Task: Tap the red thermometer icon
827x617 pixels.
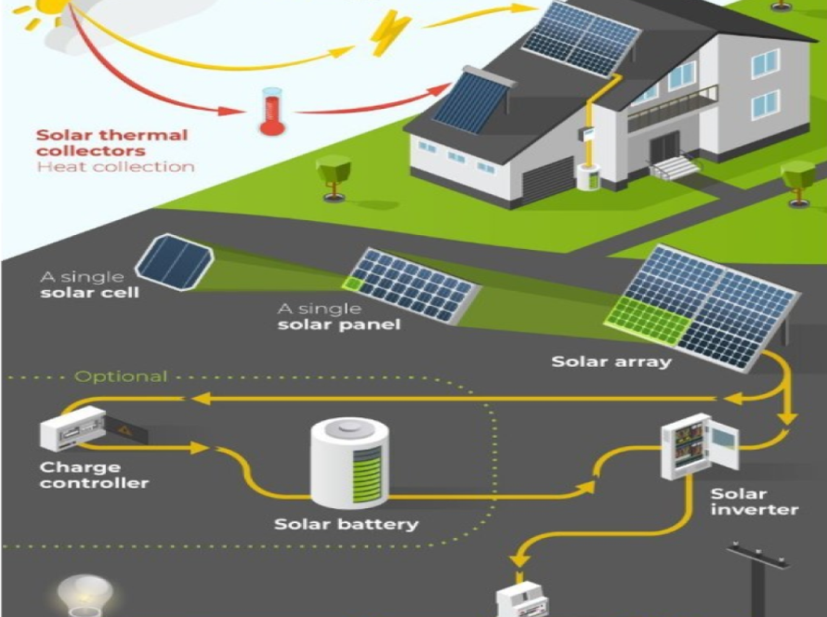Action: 271,112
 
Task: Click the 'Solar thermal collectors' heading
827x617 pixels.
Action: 112,142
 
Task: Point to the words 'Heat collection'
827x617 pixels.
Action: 115,167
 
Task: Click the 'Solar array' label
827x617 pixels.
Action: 610,361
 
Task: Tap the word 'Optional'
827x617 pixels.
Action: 121,376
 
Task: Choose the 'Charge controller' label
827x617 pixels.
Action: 94,475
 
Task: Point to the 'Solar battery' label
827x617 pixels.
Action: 346,524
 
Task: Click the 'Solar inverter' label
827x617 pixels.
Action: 741,502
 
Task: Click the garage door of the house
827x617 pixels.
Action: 546,181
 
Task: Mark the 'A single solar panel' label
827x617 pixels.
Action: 339,317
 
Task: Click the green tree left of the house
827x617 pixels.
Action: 333,174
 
